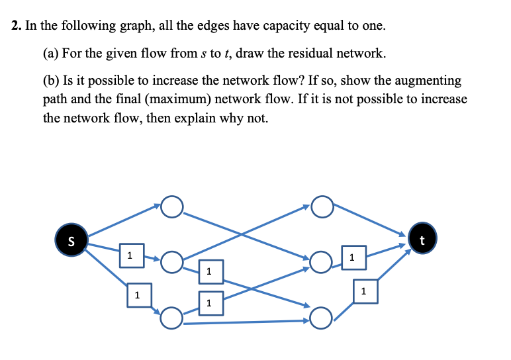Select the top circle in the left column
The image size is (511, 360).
(x=171, y=207)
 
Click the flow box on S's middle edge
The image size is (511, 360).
(x=131, y=255)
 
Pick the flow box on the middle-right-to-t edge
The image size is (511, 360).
(x=353, y=256)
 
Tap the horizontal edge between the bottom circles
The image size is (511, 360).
(x=245, y=323)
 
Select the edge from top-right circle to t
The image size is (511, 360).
(x=371, y=220)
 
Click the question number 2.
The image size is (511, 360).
(x=16, y=27)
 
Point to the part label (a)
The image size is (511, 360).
(x=52, y=53)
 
